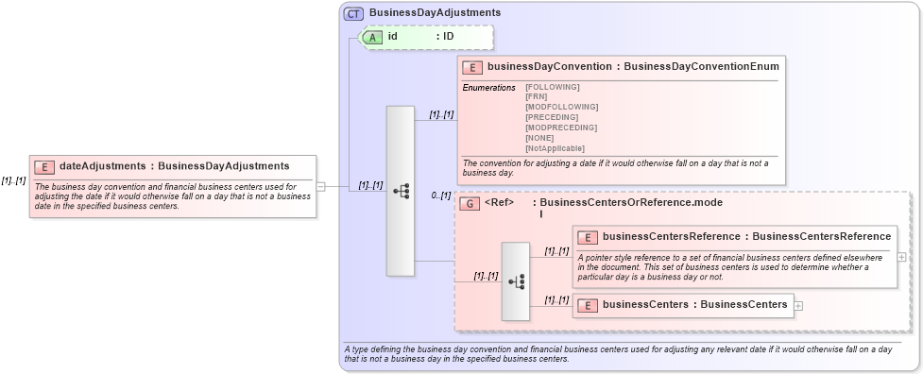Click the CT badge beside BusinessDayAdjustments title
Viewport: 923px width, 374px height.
point(354,13)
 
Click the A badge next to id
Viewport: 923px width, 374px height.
point(373,37)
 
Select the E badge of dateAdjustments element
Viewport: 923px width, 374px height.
point(43,166)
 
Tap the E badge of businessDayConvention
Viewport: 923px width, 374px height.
point(472,67)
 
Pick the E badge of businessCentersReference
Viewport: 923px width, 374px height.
point(588,236)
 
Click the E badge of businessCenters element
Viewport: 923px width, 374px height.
point(588,304)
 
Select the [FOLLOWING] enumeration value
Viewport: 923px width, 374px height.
point(552,87)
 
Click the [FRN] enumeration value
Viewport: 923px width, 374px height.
point(536,96)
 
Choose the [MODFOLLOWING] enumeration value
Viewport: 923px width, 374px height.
point(561,107)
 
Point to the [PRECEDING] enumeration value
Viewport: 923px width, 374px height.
point(552,117)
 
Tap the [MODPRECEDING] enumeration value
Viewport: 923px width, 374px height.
point(561,127)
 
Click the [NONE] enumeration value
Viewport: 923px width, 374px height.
point(539,138)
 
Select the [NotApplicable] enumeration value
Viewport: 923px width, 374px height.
point(555,148)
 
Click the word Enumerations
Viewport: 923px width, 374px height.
point(488,87)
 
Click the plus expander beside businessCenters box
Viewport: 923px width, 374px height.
point(799,305)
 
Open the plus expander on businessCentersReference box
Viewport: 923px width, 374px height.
point(902,256)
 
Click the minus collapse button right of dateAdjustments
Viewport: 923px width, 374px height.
point(321,186)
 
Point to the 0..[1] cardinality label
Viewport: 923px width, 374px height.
point(440,195)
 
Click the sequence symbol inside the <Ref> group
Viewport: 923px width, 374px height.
point(516,281)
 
